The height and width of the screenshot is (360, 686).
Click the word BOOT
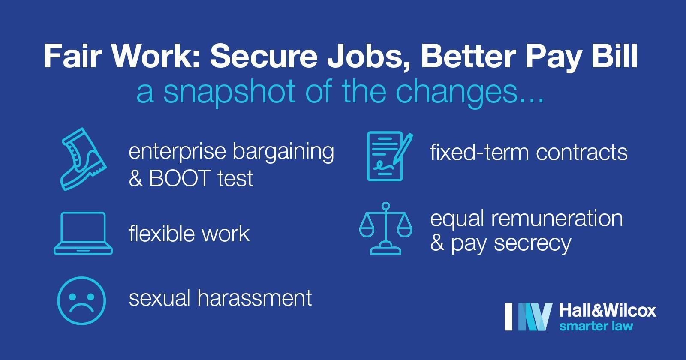[x=179, y=178]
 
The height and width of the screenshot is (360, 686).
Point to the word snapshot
[x=230, y=92]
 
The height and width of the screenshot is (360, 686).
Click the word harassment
[x=255, y=298]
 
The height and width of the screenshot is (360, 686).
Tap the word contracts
[x=581, y=152]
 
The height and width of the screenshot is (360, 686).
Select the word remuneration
[x=557, y=218]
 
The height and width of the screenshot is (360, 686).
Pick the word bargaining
[x=283, y=152]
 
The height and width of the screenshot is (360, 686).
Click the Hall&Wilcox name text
[x=608, y=311]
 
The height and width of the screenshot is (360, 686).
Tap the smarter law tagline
[x=596, y=326]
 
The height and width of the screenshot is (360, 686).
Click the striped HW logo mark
[x=529, y=317]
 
